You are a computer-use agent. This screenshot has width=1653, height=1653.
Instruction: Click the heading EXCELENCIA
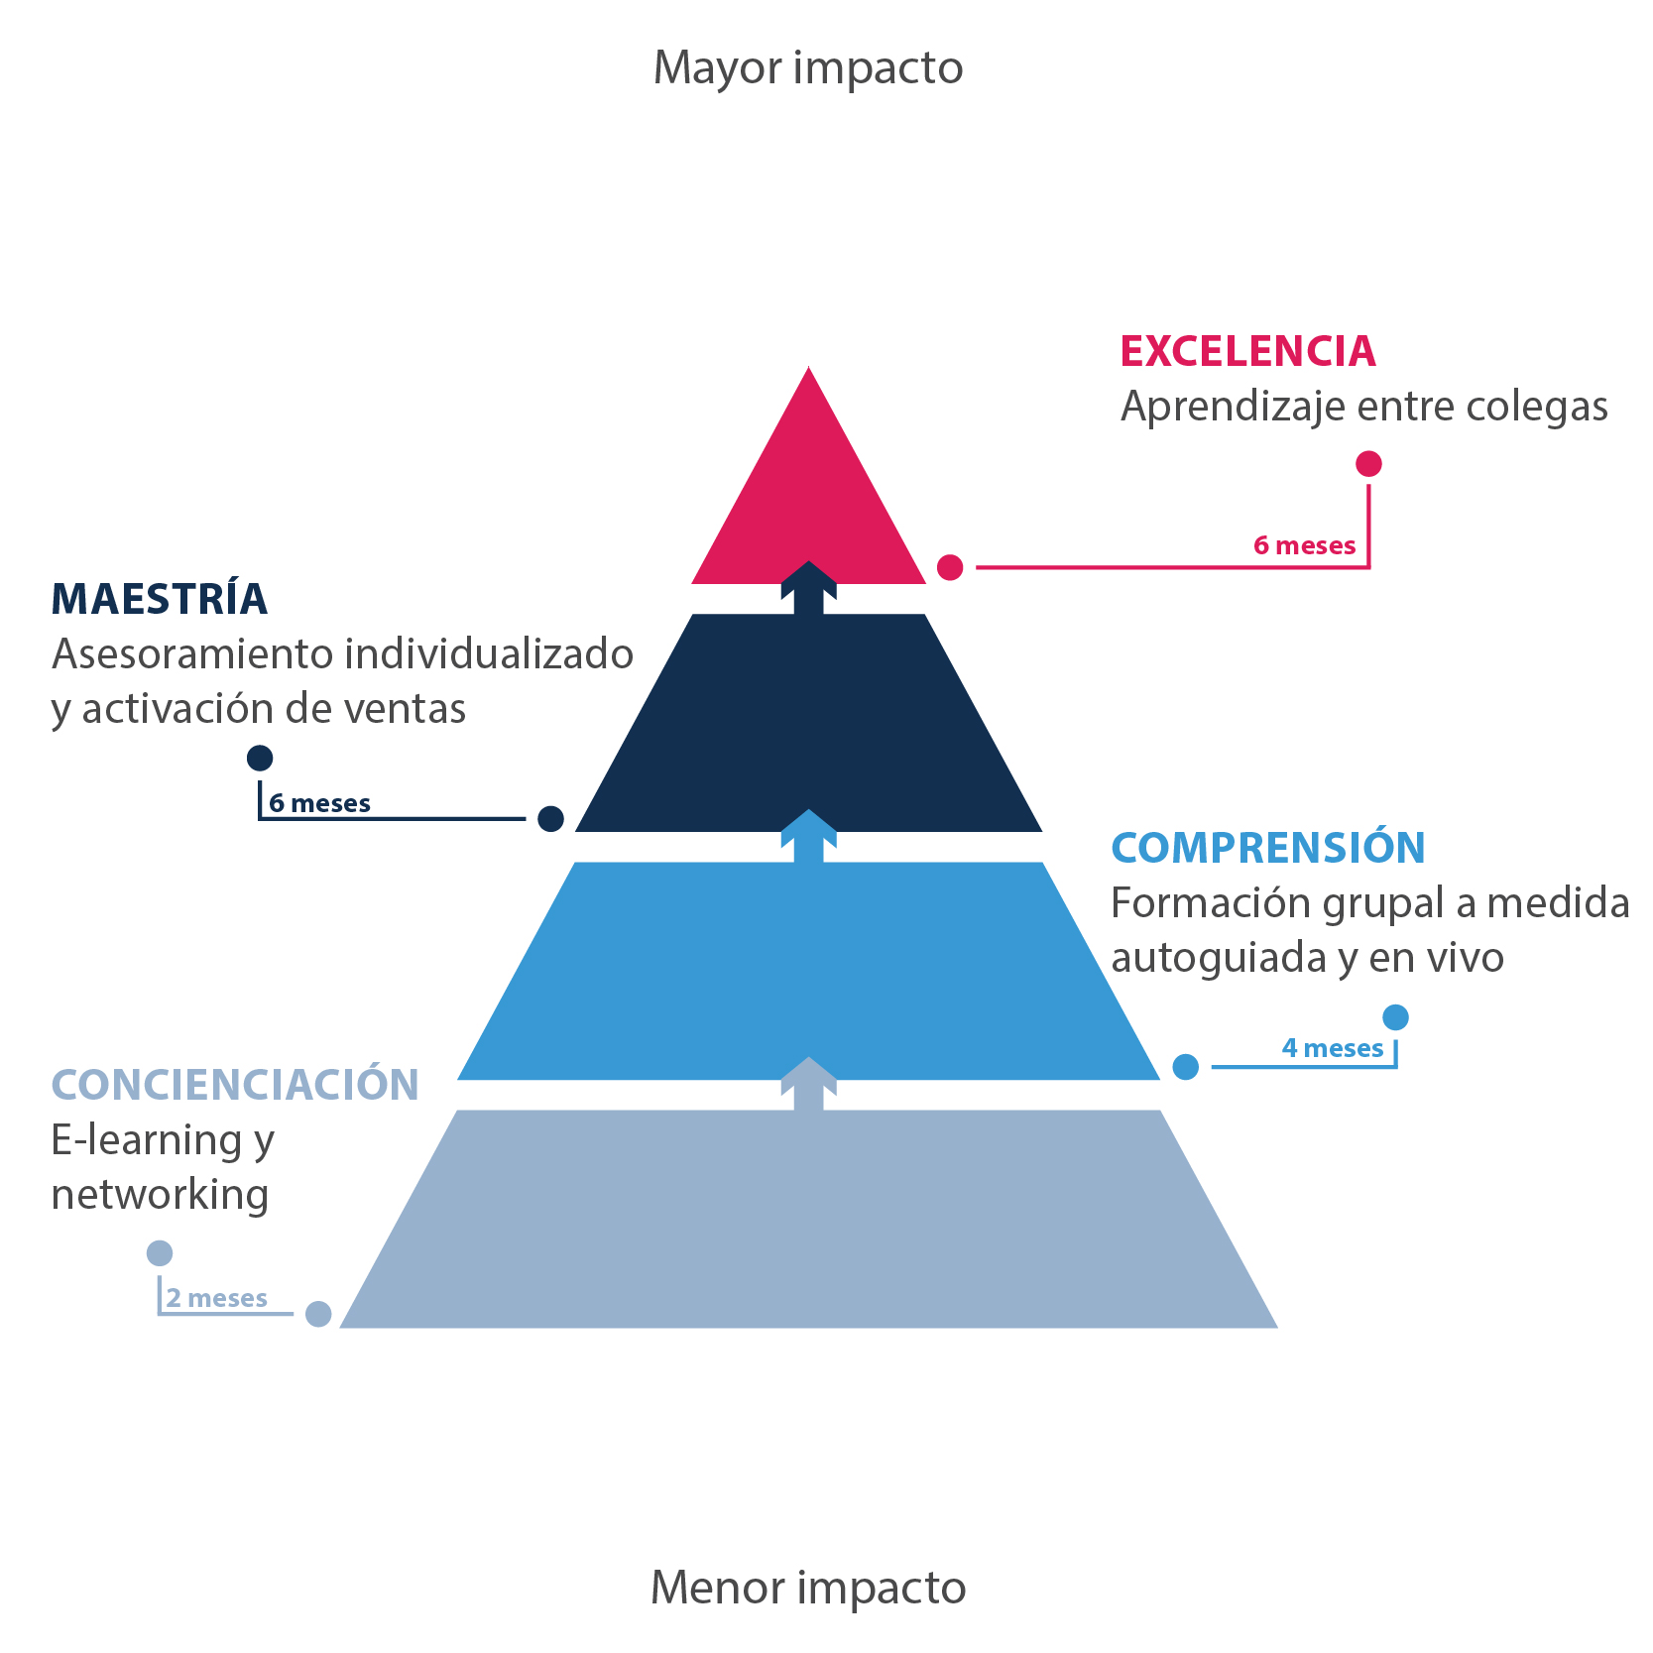(1247, 351)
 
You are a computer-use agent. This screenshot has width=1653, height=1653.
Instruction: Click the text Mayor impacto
(808, 67)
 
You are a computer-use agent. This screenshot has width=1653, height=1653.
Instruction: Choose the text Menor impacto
(808, 1587)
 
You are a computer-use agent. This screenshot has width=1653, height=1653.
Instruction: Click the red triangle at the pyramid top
(808, 496)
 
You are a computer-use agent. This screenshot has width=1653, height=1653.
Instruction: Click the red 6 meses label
(1304, 545)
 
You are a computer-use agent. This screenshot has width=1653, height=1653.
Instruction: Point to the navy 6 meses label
(319, 803)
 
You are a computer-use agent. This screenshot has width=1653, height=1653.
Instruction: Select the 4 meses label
(1332, 1048)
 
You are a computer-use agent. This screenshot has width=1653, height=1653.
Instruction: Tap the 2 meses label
(216, 1298)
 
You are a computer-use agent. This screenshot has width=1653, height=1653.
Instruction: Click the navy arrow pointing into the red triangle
(808, 588)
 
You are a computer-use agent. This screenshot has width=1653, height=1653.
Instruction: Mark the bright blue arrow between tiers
(808, 836)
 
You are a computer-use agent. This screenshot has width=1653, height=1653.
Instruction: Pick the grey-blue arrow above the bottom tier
(808, 1084)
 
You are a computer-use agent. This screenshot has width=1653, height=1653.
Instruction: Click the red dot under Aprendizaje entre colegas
(1368, 464)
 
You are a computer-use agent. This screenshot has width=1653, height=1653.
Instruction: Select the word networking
(160, 1195)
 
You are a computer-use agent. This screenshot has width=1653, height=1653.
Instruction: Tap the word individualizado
(489, 653)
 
